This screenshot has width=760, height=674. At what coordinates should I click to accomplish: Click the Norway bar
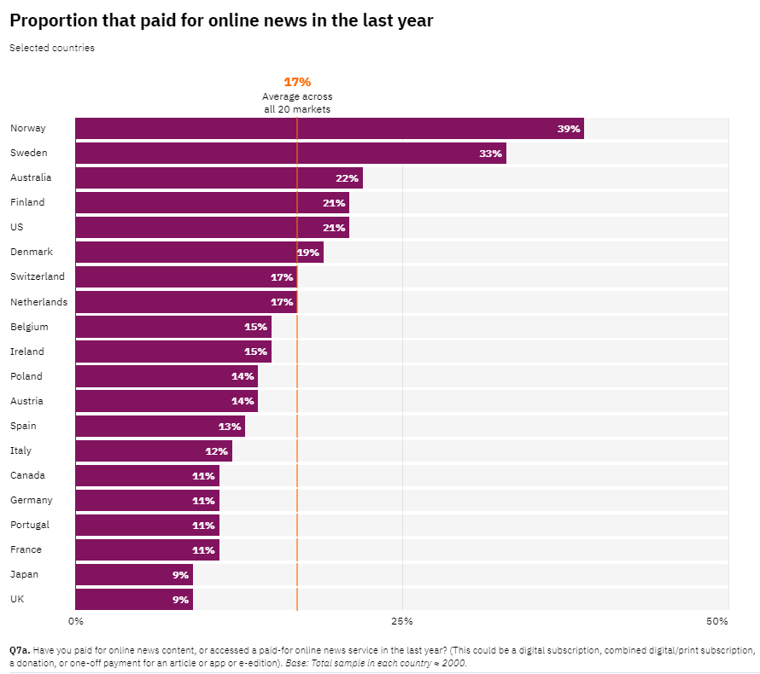pyautogui.click(x=330, y=128)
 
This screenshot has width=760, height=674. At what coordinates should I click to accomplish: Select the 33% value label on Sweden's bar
pyautogui.click(x=490, y=154)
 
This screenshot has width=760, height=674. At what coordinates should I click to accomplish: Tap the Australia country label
pyautogui.click(x=31, y=177)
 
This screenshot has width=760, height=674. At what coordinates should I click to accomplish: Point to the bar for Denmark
pyautogui.click(x=199, y=253)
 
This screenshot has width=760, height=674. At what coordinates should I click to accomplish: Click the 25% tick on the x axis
pyautogui.click(x=402, y=621)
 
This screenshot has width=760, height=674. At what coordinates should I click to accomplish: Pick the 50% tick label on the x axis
pyautogui.click(x=716, y=621)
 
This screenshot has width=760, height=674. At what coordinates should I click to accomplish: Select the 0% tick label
pyautogui.click(x=76, y=621)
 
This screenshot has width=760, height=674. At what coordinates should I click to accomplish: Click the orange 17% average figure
pyautogui.click(x=297, y=82)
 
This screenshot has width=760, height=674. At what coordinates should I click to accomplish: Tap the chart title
pyautogui.click(x=221, y=20)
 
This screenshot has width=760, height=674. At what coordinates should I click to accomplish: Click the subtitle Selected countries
pyautogui.click(x=52, y=48)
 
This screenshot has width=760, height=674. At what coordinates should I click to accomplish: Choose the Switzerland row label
pyautogui.click(x=38, y=276)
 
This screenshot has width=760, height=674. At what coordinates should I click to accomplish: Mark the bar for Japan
pyautogui.click(x=134, y=575)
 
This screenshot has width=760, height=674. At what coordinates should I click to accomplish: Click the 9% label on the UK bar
pyautogui.click(x=180, y=600)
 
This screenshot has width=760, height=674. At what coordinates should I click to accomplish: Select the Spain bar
pyautogui.click(x=160, y=426)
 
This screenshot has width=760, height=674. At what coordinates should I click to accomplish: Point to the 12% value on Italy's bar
pyautogui.click(x=216, y=451)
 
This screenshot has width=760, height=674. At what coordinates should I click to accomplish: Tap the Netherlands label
pyautogui.click(x=38, y=302)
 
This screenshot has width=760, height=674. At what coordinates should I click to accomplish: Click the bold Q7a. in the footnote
pyautogui.click(x=20, y=650)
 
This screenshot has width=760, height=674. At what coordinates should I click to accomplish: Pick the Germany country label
pyautogui.click(x=32, y=500)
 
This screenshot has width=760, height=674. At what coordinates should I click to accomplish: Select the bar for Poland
pyautogui.click(x=167, y=376)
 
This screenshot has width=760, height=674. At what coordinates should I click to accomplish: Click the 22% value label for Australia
pyautogui.click(x=347, y=178)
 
